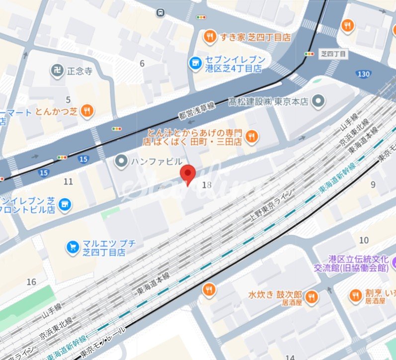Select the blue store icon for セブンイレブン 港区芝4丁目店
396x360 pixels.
(x=195, y=63)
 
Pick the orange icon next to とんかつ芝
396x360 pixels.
(x=87, y=111)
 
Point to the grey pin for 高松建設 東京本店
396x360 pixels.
(x=319, y=102)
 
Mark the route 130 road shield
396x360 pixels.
(x=363, y=74)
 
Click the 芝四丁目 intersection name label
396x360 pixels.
(x=333, y=53)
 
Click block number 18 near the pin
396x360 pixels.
(x=207, y=184)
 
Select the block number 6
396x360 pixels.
(x=142, y=63)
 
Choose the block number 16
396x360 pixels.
(x=31, y=282)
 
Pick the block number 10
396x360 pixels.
(x=364, y=240)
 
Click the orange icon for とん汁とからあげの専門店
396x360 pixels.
(x=252, y=136)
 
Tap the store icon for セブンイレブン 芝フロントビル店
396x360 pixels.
(x=64, y=203)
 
